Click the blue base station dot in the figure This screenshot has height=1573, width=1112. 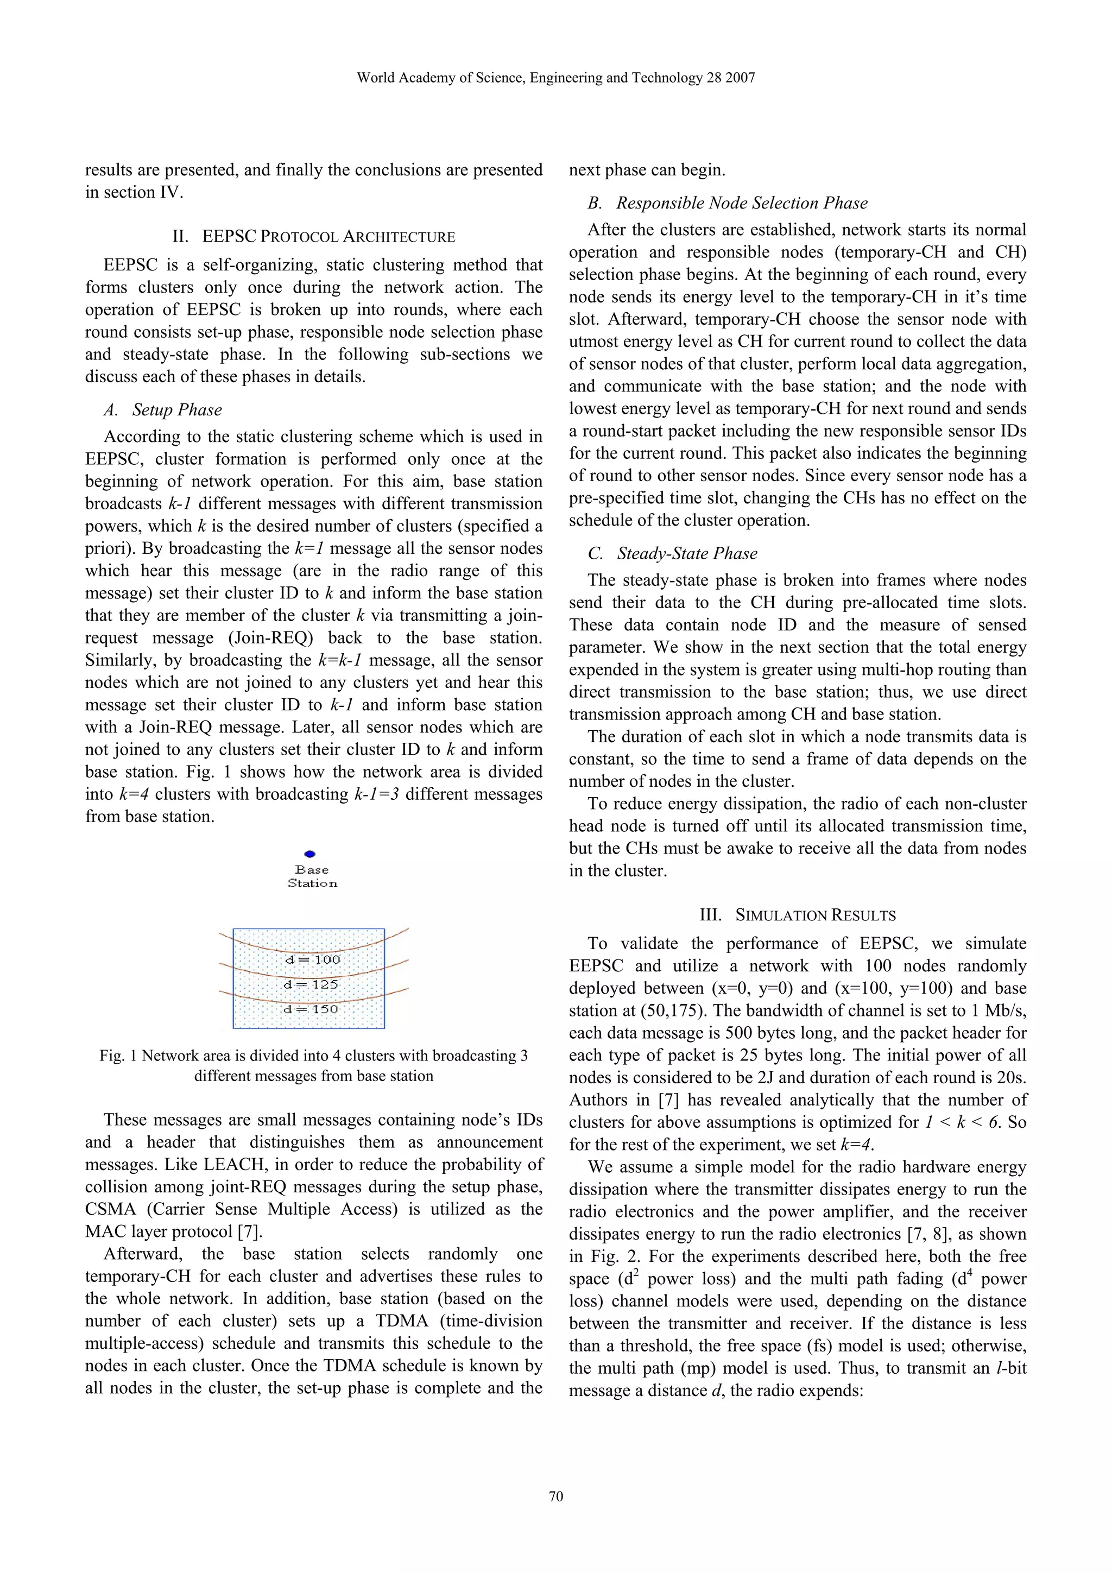tap(309, 854)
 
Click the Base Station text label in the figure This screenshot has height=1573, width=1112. tap(312, 877)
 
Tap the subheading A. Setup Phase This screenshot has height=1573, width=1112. tap(163, 410)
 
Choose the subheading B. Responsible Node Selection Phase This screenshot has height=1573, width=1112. tap(728, 203)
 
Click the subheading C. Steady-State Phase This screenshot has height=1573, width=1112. tap(673, 554)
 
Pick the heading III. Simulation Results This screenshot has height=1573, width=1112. tap(798, 915)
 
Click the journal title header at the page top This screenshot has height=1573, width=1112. tap(555, 78)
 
